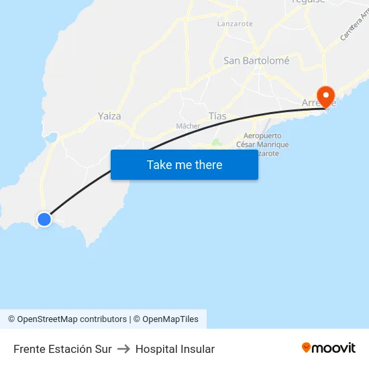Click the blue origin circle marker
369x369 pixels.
pos(44,219)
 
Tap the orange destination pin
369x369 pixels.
pos(327,95)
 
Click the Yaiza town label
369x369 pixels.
pos(109,116)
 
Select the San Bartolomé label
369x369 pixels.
pos(256,60)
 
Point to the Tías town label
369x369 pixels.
pos(217,116)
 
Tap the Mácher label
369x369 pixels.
pos(188,126)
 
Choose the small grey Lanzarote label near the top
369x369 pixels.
pos(235,23)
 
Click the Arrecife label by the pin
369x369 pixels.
pos(316,103)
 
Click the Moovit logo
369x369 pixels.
pos(329,348)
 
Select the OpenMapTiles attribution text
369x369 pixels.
pos(170,319)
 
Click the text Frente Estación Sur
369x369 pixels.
pos(62,349)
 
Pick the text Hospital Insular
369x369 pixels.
pos(175,349)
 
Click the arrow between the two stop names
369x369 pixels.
pos(123,349)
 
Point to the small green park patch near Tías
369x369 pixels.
pos(216,142)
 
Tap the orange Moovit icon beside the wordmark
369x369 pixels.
pos(307,348)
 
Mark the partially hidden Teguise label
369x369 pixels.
pos(309,2)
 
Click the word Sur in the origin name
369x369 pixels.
pos(103,349)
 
